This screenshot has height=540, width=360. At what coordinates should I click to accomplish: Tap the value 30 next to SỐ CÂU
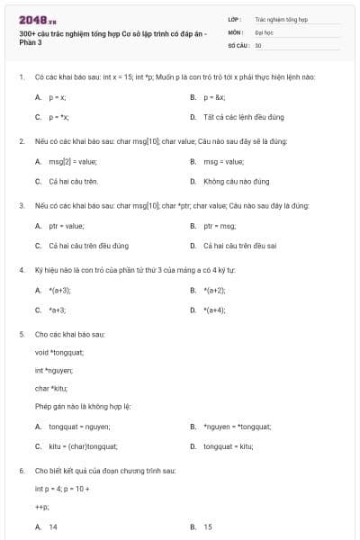click(258, 44)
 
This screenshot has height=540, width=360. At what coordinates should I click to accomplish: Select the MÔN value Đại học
click(264, 31)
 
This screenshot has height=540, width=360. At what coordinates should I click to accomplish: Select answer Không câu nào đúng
click(237, 181)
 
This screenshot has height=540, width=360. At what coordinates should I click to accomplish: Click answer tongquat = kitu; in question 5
click(228, 445)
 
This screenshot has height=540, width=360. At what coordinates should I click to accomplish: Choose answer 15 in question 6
click(208, 526)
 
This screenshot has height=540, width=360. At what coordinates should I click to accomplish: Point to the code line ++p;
click(41, 507)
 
